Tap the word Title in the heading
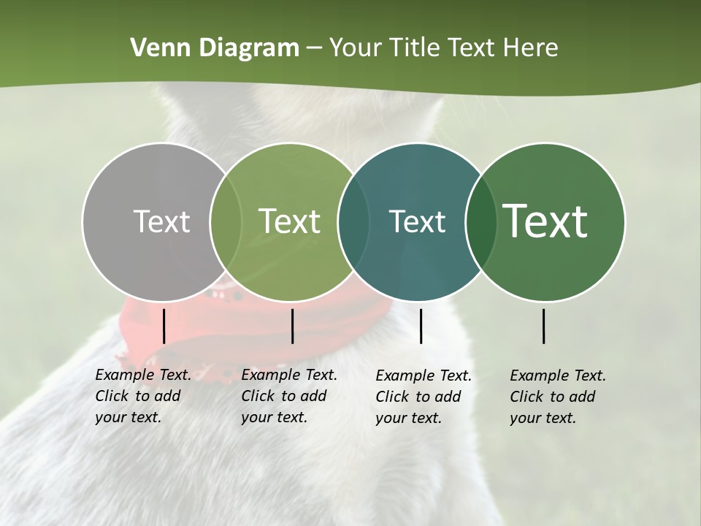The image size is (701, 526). click(x=414, y=48)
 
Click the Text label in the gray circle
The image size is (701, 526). click(x=161, y=221)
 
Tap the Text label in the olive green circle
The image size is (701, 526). click(x=289, y=221)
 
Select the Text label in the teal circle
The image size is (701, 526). click(x=417, y=221)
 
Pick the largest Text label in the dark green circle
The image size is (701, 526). click(x=545, y=221)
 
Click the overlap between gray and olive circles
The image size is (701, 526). click(x=226, y=221)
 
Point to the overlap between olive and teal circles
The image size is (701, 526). click(x=353, y=221)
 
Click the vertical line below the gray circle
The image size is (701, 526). click(x=164, y=326)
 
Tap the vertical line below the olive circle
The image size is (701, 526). click(x=292, y=326)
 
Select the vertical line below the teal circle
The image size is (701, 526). click(x=421, y=326)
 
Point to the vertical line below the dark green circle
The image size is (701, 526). click(x=544, y=326)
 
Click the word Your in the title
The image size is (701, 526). click(x=356, y=48)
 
